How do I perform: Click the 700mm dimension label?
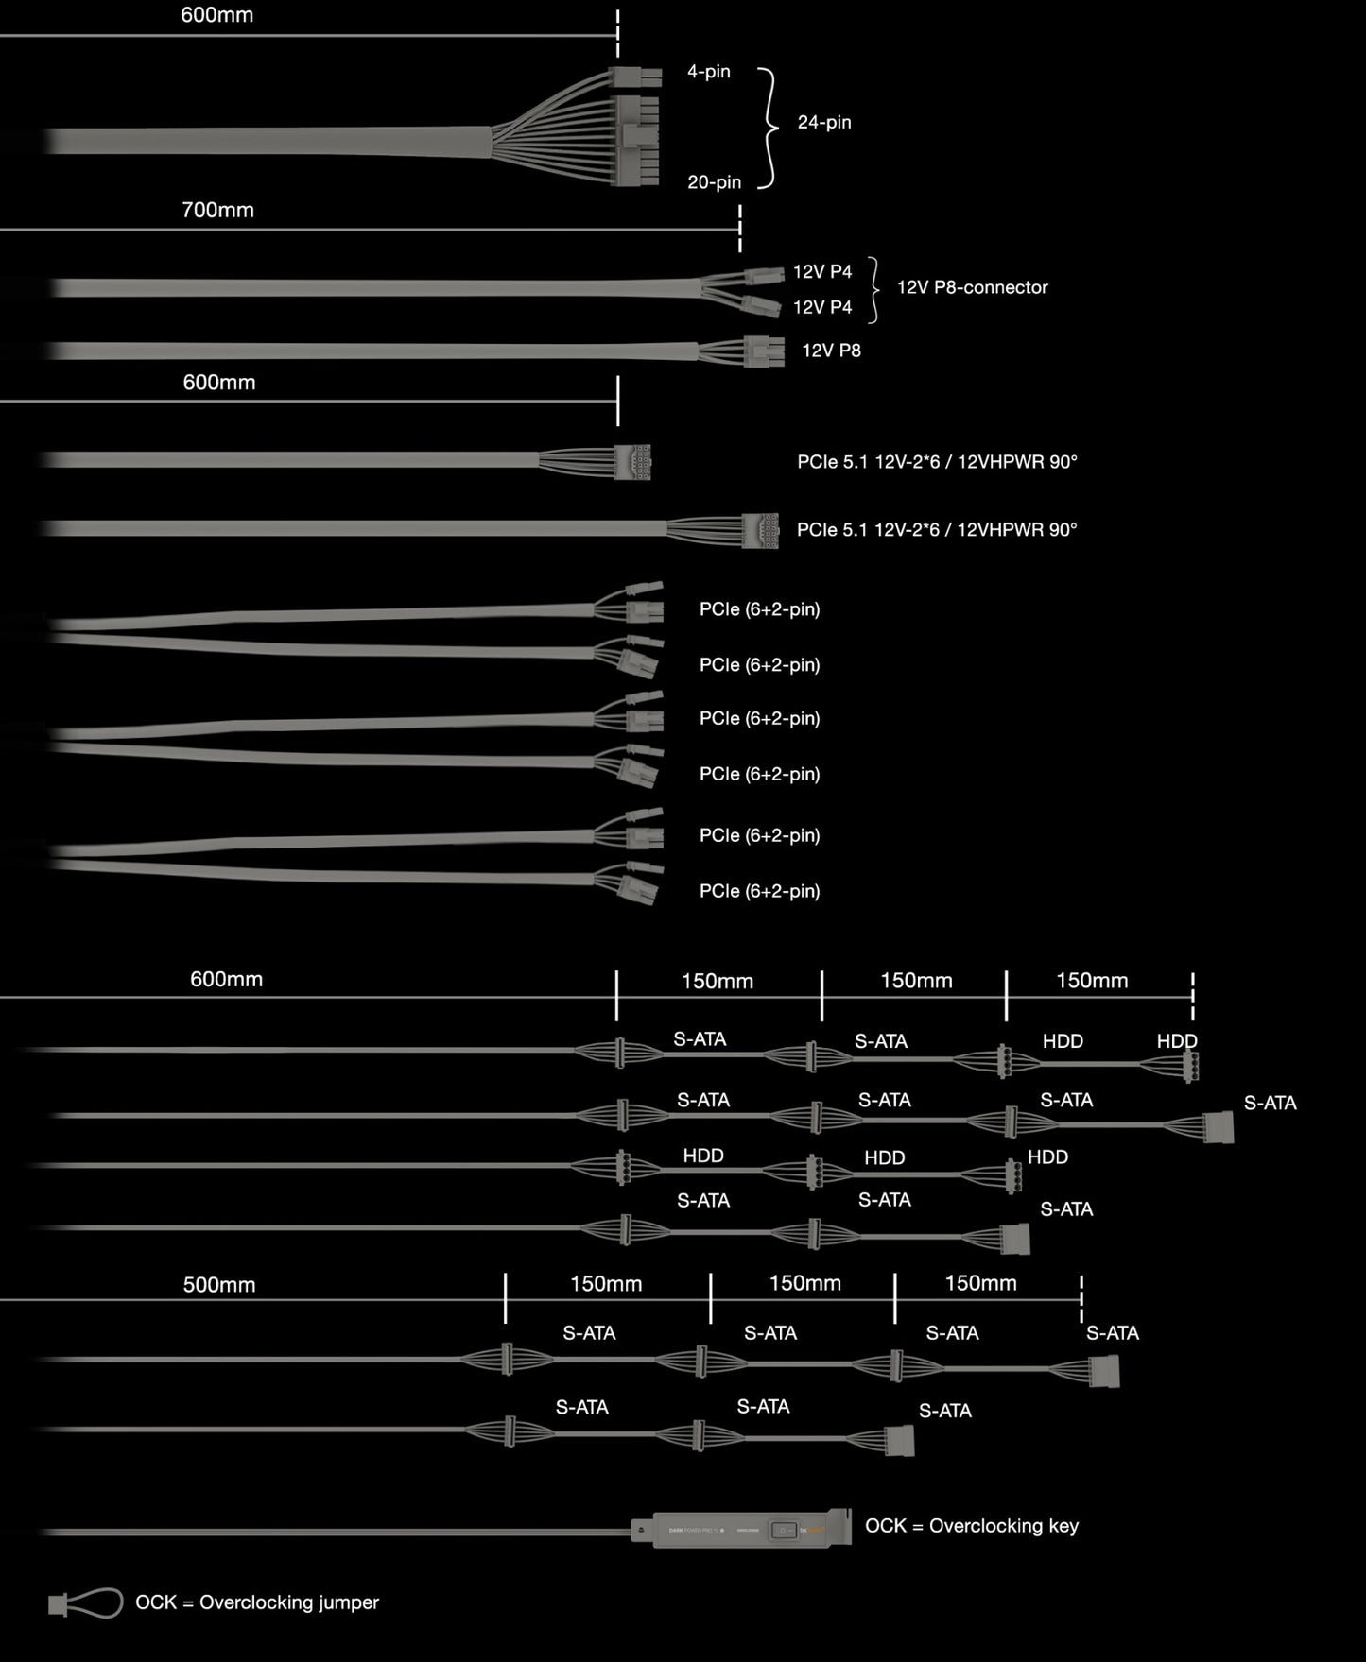(217, 210)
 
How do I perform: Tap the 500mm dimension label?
(218, 1285)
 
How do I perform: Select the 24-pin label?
(824, 122)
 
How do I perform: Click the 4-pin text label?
(709, 72)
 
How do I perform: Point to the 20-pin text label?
(714, 182)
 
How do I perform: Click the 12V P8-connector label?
(972, 287)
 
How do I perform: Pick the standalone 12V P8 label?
(831, 351)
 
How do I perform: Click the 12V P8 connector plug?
(764, 351)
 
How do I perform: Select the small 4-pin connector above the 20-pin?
(636, 77)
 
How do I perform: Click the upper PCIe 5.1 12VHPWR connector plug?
(632, 461)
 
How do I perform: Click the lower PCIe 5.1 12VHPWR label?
(937, 530)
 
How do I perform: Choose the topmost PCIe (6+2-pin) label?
(759, 609)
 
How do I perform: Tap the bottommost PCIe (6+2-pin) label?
(759, 891)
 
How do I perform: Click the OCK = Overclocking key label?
(972, 1526)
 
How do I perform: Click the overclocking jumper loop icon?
(86, 1602)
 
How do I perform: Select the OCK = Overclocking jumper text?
(257, 1602)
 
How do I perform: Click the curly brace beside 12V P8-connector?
(874, 290)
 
